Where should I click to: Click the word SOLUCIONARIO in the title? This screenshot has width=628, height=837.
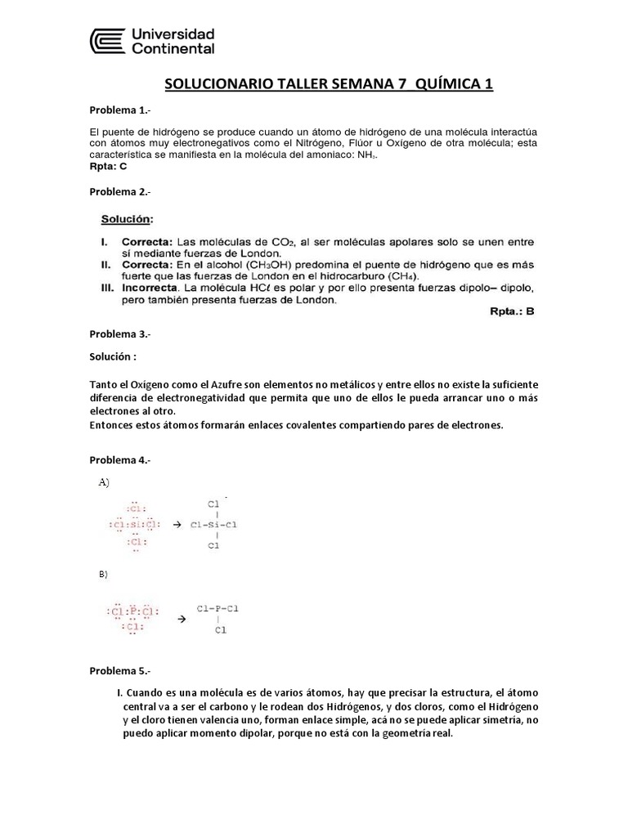(x=211, y=84)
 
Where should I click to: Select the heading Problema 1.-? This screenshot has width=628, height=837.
(x=119, y=110)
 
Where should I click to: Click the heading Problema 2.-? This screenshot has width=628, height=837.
(x=119, y=191)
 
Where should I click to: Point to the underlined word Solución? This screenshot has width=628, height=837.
(x=127, y=219)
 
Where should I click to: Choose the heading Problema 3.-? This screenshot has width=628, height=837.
(x=119, y=333)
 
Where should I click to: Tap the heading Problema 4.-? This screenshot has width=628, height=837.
(x=119, y=460)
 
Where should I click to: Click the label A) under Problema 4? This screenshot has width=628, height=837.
(x=104, y=482)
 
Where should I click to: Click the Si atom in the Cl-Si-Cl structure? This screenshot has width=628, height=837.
(x=213, y=524)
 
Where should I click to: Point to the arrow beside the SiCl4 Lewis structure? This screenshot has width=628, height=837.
(x=176, y=525)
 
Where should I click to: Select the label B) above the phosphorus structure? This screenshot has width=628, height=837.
(x=103, y=575)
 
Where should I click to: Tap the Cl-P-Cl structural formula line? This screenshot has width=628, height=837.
(x=218, y=608)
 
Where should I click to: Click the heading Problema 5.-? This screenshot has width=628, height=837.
(x=119, y=671)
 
